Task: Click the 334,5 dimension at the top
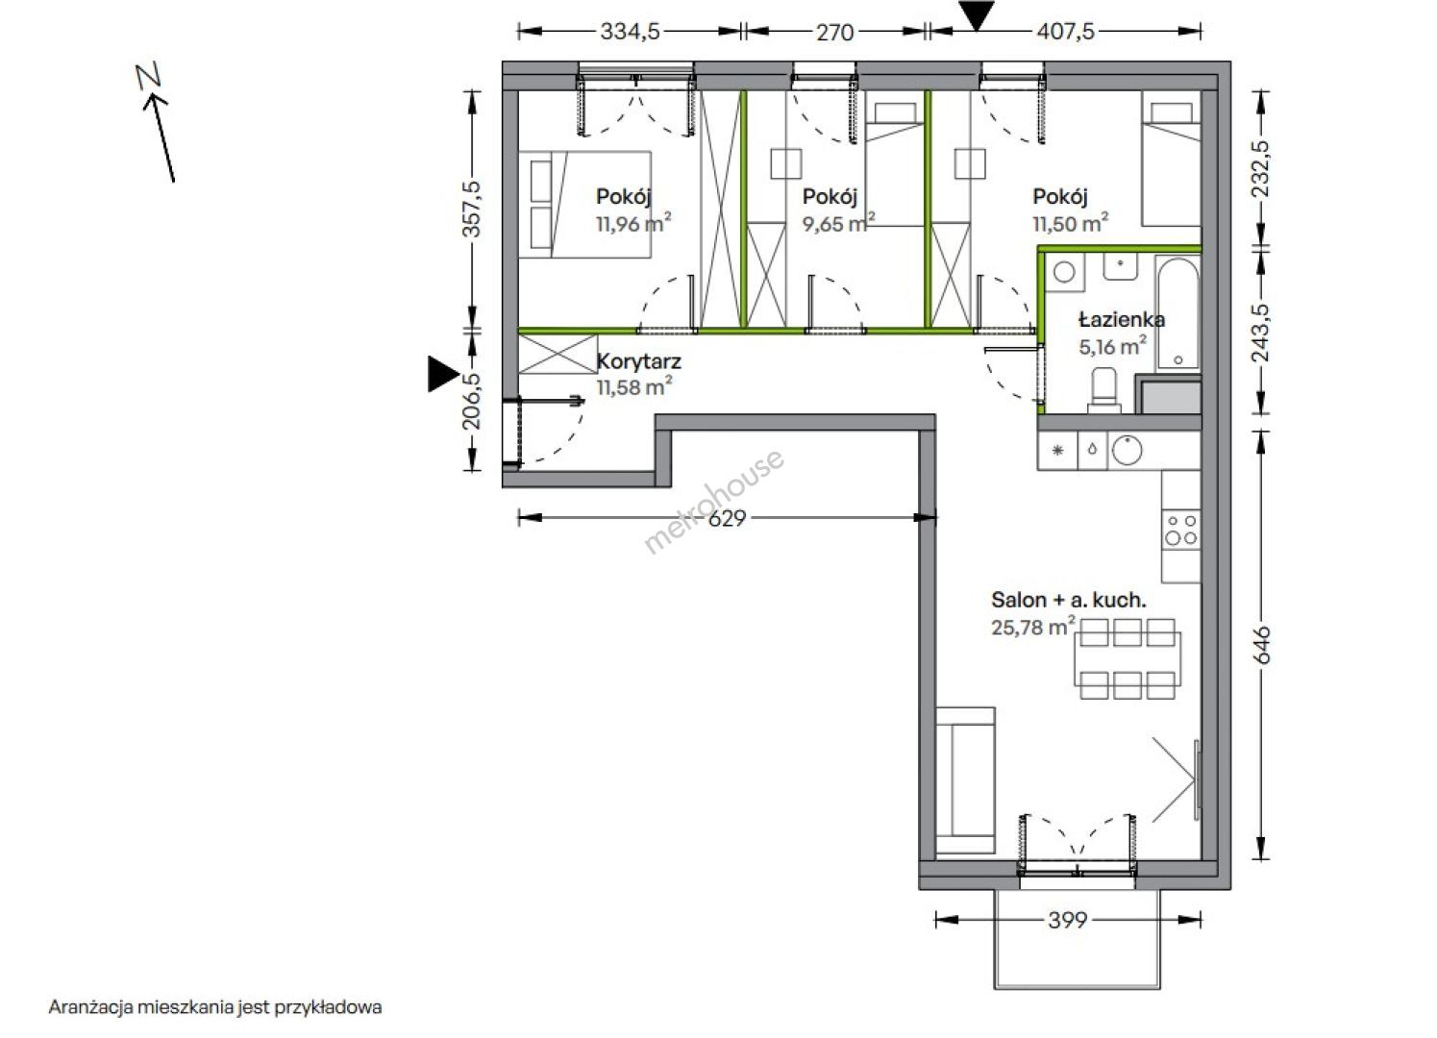click(x=630, y=32)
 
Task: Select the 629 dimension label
click(x=727, y=518)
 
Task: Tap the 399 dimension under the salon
click(x=1068, y=921)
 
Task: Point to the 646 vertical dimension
click(x=1261, y=645)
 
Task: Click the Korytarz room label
click(x=639, y=361)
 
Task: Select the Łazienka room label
click(x=1122, y=319)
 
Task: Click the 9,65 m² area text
click(x=838, y=223)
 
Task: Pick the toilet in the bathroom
click(x=1104, y=390)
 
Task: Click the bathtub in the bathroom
click(x=1177, y=312)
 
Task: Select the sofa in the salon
click(x=965, y=780)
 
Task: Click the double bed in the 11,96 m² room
click(x=584, y=205)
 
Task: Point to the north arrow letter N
click(x=148, y=76)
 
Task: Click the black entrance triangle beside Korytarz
click(x=443, y=374)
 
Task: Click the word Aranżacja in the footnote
click(x=91, y=1007)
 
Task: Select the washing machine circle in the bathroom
click(x=1064, y=273)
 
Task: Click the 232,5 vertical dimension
click(x=1261, y=170)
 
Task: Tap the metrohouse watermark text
click(x=713, y=501)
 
